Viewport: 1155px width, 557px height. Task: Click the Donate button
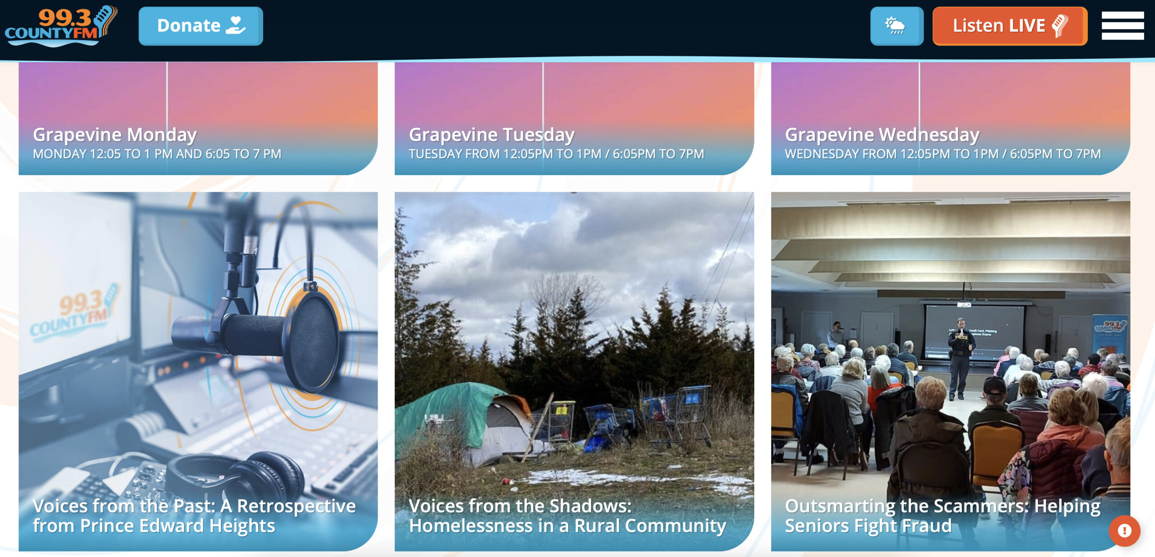tap(201, 26)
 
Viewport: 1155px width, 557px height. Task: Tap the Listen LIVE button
tap(1010, 26)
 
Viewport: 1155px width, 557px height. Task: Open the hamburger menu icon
tap(1123, 26)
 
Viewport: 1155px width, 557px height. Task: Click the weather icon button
tap(896, 26)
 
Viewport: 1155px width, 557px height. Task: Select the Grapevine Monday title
tap(115, 134)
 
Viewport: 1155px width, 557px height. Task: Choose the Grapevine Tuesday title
tap(492, 134)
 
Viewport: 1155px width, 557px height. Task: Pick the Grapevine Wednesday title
tap(882, 134)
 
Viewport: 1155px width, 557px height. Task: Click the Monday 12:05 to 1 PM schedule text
tap(157, 154)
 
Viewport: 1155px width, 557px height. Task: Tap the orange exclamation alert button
tap(1124, 531)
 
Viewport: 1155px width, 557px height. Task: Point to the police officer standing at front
tap(960, 359)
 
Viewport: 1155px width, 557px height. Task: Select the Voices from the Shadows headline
tap(567, 516)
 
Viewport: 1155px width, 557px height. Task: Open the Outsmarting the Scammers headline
tap(942, 516)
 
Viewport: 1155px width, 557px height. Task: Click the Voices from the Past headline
tap(194, 516)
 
